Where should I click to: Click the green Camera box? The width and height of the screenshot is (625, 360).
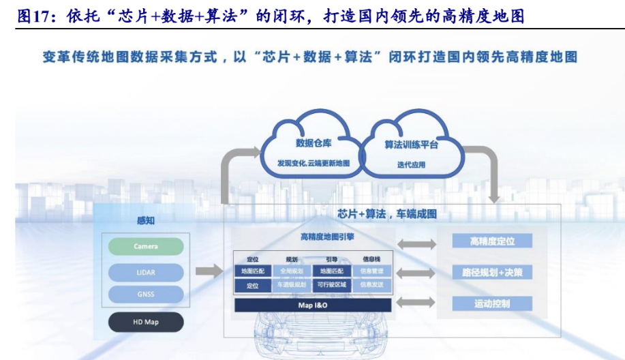coord(146,246)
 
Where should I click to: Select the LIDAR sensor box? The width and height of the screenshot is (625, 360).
coord(146,272)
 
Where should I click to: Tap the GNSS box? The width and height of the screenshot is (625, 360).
coord(146,295)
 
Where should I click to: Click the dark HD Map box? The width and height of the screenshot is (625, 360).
coord(146,322)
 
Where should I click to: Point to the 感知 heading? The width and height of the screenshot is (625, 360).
coord(146,220)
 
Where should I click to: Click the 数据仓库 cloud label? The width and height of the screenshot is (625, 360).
coord(314,143)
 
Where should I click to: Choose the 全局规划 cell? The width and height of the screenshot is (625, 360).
coord(292,271)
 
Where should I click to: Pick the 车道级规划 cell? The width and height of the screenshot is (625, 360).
coord(292,285)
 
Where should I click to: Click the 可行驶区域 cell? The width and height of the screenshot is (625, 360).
coord(332,285)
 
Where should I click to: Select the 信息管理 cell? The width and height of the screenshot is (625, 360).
coord(371,271)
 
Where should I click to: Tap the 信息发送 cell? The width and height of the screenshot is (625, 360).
coord(371,285)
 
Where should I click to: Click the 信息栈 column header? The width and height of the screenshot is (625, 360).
coord(371,259)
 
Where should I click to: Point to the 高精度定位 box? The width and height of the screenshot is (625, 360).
coord(492,241)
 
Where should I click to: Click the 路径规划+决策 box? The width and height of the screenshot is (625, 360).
coord(492,273)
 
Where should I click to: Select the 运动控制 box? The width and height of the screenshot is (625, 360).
coord(492,303)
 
